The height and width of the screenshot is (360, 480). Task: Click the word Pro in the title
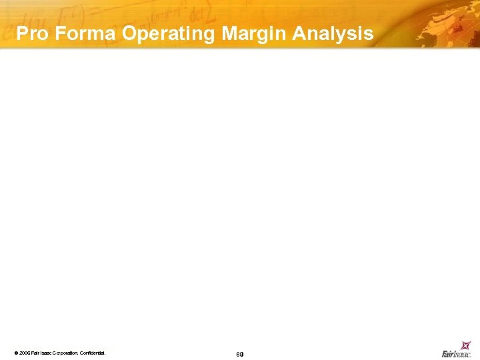(31, 34)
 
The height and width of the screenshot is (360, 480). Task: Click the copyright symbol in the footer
(15, 352)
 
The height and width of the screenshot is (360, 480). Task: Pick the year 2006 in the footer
(25, 352)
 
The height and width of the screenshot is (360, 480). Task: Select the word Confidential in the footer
(93, 352)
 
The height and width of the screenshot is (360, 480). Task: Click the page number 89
(239, 353)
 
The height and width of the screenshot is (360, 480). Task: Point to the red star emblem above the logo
(466, 345)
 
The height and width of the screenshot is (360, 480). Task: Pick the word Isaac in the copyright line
(46, 352)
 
